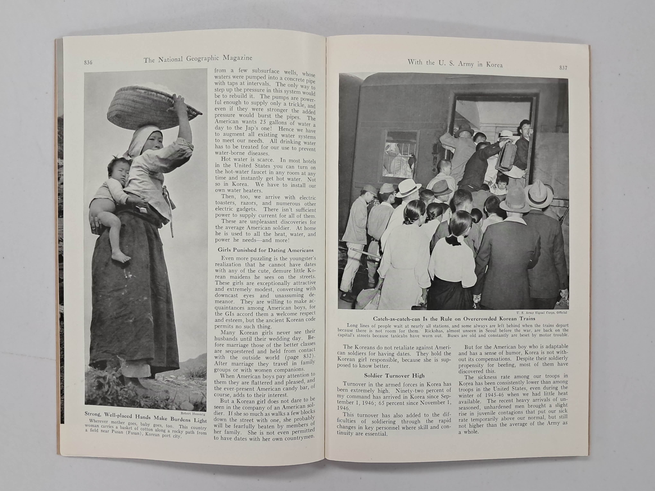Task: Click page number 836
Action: [88, 62]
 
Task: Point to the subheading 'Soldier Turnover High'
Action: [394, 376]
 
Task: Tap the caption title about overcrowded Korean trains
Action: [454, 319]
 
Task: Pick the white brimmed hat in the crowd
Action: [409, 187]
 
